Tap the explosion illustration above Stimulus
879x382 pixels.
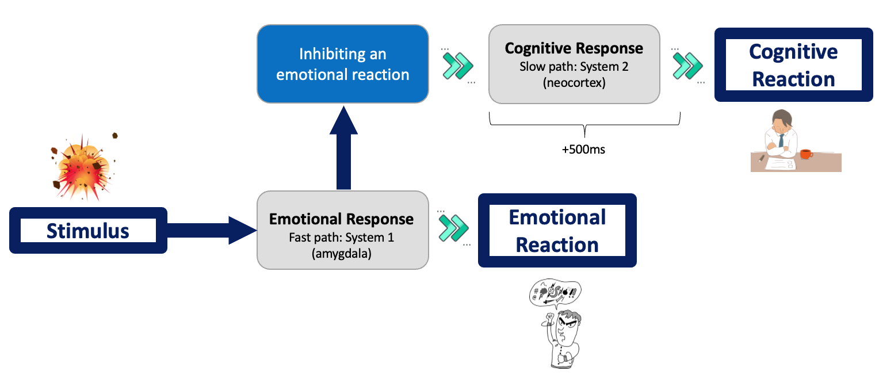point(85,167)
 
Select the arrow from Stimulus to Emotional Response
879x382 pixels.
point(212,231)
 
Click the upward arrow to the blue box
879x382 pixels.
point(343,148)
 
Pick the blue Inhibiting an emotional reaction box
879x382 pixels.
point(343,64)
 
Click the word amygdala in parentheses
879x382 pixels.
point(341,254)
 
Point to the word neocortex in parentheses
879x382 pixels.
point(574,83)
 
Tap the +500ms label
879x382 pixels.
point(583,150)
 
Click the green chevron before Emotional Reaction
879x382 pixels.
point(454,228)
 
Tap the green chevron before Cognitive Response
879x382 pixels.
point(458,66)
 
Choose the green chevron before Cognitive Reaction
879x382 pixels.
point(687,66)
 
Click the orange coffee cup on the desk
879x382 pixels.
point(806,154)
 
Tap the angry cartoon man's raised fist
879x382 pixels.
point(550,316)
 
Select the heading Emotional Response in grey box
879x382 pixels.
point(341,219)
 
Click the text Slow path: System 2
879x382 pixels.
point(574,67)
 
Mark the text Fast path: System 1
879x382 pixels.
point(341,238)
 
